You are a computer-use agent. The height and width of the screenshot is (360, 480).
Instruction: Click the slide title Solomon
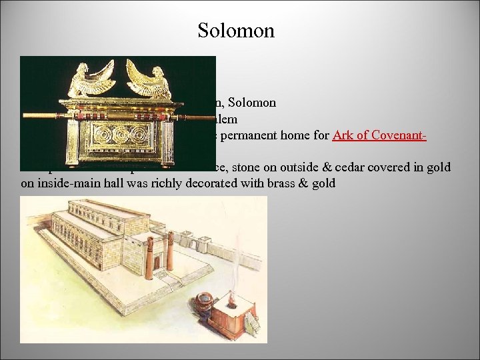pos(236,31)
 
